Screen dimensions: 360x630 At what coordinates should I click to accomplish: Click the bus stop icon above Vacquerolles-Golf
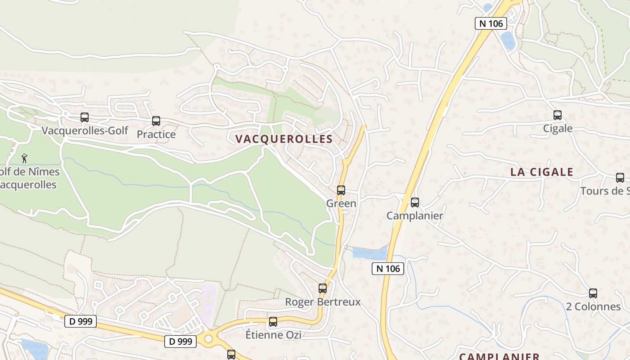tap(85, 117)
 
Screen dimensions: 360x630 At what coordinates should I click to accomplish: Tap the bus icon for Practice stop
tap(156, 121)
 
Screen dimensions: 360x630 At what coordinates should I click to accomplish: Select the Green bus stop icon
tap(341, 190)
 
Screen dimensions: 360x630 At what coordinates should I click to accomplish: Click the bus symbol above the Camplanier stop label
tap(415, 202)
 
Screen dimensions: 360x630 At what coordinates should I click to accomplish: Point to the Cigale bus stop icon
tap(558, 115)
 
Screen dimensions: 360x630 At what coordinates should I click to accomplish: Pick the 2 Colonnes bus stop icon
tap(593, 293)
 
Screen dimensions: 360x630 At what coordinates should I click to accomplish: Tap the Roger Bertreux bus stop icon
tap(323, 288)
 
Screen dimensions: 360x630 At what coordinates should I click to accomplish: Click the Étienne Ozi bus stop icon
tap(273, 322)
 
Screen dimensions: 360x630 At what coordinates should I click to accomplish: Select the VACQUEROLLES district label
tap(284, 139)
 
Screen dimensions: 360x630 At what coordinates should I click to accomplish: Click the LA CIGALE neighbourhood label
tap(542, 172)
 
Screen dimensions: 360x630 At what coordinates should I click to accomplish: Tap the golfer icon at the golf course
tap(24, 158)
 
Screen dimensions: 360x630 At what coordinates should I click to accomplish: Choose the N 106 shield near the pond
tap(388, 269)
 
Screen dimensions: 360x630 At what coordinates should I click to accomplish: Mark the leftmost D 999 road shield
tap(81, 321)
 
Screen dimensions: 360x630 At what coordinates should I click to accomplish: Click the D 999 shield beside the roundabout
tap(180, 342)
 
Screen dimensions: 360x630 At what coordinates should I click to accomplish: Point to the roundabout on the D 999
tap(208, 339)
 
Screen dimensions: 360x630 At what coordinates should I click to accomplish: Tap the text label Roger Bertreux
tap(323, 301)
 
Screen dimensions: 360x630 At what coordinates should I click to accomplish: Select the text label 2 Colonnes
tap(593, 307)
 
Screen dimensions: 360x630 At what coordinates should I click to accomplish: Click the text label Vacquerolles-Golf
tap(85, 131)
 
